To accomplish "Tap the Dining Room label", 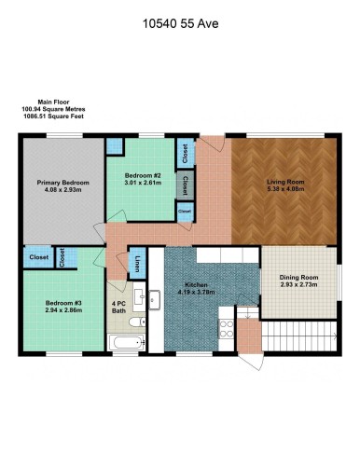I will pos(298,277).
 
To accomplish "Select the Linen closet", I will pos(137,264).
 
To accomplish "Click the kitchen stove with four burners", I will pos(225,326).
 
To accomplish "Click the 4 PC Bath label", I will pos(119,307).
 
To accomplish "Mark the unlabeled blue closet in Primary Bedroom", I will pos(114,147).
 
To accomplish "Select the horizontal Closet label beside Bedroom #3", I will pos(39,257).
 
